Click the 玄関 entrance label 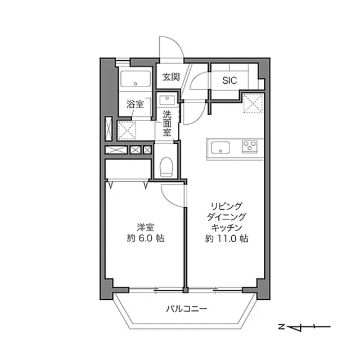pos(171,77)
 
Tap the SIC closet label pos(229,80)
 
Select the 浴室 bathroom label pos(135,104)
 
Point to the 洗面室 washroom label pos(167,124)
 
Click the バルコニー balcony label pos(186,309)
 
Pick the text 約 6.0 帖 pos(146,238)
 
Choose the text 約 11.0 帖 pos(227,238)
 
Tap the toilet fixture pos(166,167)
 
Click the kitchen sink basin pos(220,147)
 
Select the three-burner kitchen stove pos(250,146)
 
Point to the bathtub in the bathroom pos(136,79)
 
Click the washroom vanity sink pos(167,100)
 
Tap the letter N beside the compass pos(281,326)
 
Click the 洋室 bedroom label pos(146,227)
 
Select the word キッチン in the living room pos(227,227)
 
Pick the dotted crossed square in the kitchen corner pos(253,103)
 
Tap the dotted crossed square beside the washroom pos(127,130)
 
